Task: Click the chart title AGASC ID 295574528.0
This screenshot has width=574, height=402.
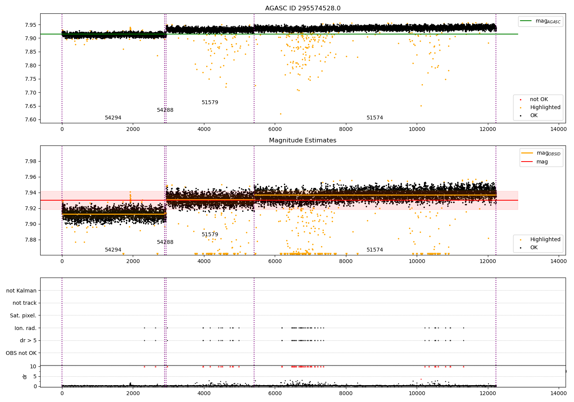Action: point(303,8)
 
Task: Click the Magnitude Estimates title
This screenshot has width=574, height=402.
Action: point(303,140)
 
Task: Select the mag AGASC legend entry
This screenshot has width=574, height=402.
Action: point(540,21)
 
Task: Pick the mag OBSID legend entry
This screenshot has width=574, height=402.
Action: point(541,153)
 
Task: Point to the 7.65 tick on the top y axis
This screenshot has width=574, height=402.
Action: point(31,106)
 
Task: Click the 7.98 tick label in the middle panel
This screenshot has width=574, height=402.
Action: point(31,161)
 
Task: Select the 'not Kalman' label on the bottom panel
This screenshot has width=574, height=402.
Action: point(21,291)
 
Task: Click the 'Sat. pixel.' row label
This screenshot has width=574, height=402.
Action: point(23,315)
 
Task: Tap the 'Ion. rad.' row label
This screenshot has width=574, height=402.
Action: point(25,328)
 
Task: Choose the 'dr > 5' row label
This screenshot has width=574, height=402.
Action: point(28,340)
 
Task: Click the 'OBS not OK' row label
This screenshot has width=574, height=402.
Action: point(21,353)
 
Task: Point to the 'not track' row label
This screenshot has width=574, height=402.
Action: point(24,303)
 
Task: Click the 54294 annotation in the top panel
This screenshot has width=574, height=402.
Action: point(113,118)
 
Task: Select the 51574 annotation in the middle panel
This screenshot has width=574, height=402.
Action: point(375,250)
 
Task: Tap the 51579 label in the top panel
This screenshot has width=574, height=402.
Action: point(210,102)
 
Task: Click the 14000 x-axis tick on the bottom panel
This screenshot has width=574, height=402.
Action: point(558,393)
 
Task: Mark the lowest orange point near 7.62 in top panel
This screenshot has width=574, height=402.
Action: point(280,114)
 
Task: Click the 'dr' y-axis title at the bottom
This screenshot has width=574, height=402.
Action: point(25,376)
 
